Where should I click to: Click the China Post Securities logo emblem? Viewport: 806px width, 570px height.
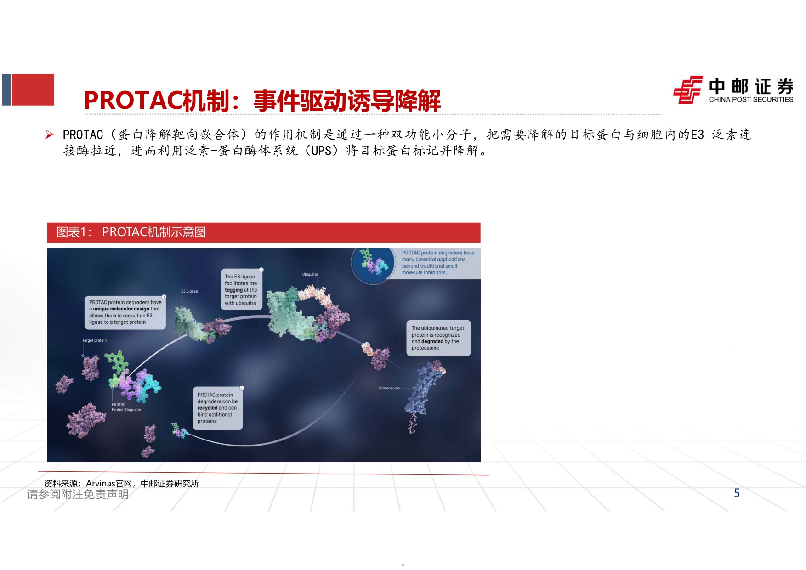pos(687,90)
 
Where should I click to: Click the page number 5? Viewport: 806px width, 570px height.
pos(737,493)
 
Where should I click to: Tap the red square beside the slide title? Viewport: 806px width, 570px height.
pos(33,90)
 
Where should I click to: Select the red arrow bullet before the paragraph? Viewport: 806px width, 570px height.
pos(49,135)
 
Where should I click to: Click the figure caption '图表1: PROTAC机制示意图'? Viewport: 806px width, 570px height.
pos(131,232)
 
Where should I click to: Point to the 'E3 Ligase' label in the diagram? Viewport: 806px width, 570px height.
pos(189,291)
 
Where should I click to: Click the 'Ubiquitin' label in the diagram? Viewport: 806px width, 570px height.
pos(310,274)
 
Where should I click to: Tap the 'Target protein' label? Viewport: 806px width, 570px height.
pos(94,340)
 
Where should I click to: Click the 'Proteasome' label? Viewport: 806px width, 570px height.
pos(389,388)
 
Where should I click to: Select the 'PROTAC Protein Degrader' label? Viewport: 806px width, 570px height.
pos(126,407)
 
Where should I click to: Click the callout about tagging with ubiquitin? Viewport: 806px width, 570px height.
pos(241,290)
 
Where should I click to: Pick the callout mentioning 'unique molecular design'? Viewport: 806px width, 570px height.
pos(125,312)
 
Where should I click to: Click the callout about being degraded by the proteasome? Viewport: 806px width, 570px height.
pos(438,338)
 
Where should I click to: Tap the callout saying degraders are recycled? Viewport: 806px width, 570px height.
pos(217,408)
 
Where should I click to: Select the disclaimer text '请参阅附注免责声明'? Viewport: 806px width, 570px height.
pos(78,494)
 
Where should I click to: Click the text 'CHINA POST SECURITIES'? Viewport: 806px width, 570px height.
pos(751,100)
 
